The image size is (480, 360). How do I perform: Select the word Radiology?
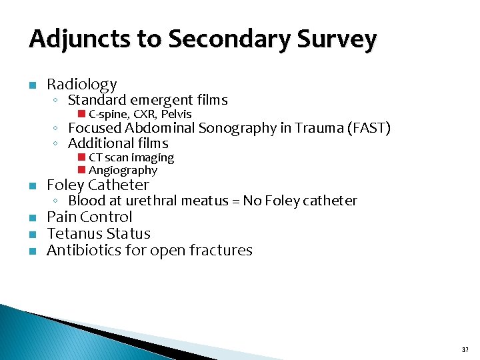coord(81,85)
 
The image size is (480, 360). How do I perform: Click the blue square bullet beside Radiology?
coord(32,85)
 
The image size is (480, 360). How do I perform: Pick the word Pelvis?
coord(177,114)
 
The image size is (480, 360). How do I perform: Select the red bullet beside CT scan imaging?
coord(81,157)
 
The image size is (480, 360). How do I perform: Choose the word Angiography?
coord(123,170)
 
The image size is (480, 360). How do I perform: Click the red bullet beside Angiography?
coord(81,170)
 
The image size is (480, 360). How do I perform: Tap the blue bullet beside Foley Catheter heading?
coord(32,185)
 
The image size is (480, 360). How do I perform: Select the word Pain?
coord(61,217)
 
